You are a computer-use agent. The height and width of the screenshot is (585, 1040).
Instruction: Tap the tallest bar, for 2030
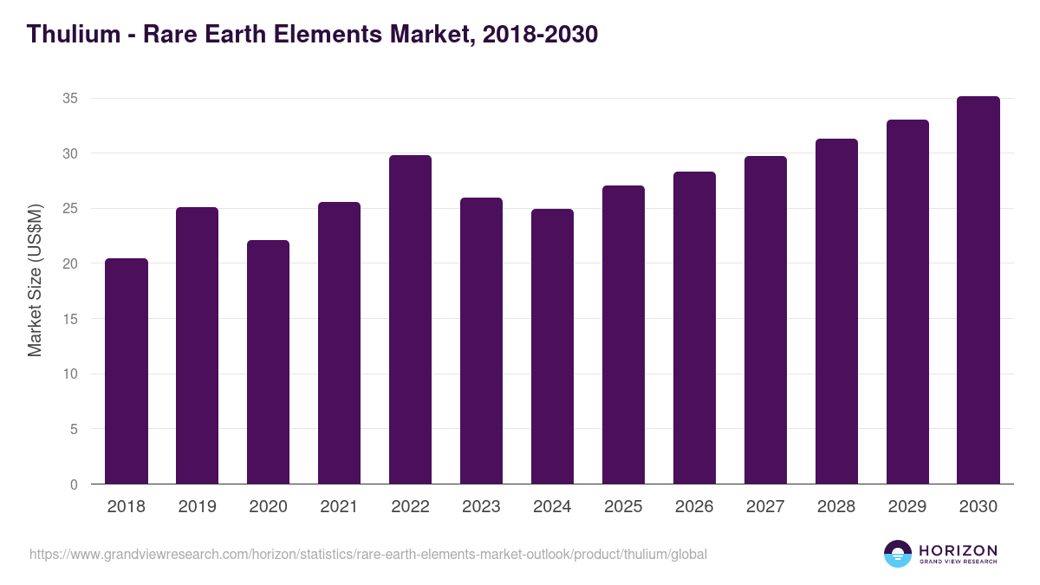coord(978,290)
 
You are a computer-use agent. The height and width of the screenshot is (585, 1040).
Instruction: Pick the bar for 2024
coord(552,347)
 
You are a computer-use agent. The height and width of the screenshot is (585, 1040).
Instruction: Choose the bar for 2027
coord(765,320)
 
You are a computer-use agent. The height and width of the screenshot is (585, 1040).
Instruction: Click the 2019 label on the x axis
coord(198,507)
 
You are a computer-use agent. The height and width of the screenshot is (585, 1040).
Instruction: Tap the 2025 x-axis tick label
coord(623,507)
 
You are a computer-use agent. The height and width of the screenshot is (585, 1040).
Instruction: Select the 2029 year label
coord(907,507)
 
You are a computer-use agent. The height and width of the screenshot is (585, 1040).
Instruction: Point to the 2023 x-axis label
coord(481,507)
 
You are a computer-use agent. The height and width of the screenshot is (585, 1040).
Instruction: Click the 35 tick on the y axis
coord(70,99)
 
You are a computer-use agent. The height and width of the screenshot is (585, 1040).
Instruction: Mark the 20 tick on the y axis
coord(70,263)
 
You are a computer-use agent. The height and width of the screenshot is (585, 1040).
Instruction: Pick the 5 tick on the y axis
coord(75,429)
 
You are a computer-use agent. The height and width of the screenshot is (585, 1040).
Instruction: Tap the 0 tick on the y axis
coord(75,484)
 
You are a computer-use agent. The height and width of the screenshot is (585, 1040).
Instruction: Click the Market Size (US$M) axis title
coord(35,280)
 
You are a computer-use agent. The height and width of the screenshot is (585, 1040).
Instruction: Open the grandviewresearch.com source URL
coord(368,554)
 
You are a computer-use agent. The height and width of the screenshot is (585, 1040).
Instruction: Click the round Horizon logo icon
coord(898,554)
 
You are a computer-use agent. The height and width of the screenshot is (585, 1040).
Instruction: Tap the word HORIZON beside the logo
coord(958,550)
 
